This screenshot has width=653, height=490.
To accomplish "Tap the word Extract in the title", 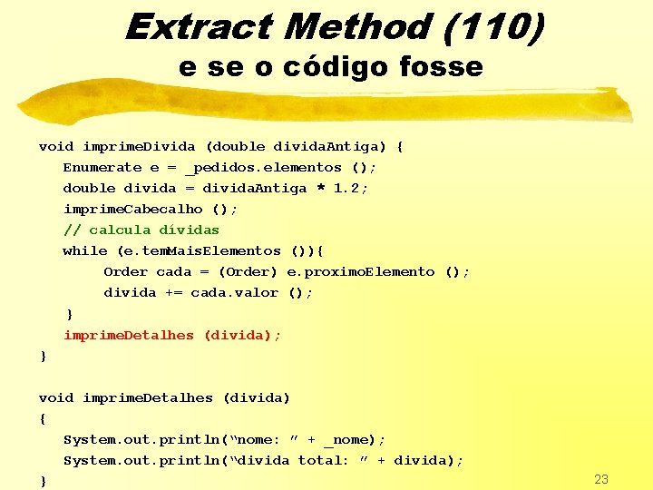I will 196,27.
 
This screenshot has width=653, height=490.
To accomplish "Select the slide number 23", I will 601,479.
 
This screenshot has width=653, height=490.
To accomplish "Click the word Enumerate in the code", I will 102,168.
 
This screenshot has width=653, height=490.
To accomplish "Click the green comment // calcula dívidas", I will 141,230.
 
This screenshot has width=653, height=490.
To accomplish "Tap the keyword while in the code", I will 84,251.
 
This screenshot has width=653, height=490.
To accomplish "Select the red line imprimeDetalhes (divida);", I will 172,335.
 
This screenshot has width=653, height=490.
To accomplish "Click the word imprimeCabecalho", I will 132,210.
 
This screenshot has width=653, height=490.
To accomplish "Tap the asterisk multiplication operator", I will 320,189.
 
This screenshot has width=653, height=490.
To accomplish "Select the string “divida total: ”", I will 300,461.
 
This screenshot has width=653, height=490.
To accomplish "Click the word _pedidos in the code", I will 219,168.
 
